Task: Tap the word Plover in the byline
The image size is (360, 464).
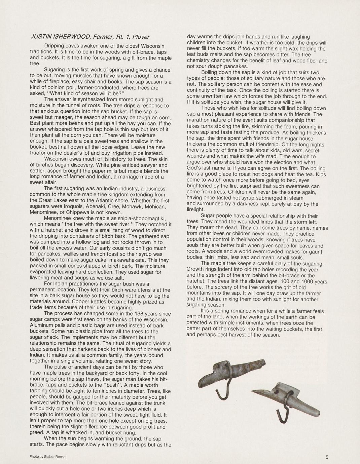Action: [x=141, y=37]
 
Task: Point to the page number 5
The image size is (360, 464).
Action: [x=327, y=457]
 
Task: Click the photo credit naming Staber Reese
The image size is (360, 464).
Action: [x=47, y=457]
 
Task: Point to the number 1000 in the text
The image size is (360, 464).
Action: [x=307, y=281]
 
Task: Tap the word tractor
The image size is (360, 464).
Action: [x=38, y=153]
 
